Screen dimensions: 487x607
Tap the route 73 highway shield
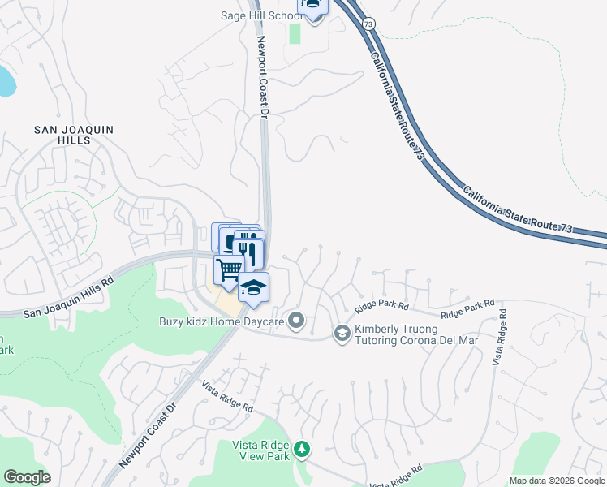click(368, 25)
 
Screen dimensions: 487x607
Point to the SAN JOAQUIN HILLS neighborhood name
click(74, 136)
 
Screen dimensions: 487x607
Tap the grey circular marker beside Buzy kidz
click(297, 321)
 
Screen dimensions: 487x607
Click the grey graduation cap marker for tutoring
click(342, 333)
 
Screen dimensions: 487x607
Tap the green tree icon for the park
click(302, 448)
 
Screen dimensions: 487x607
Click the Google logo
click(27, 477)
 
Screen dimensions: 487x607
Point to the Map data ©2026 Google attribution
click(557, 481)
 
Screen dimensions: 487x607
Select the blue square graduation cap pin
click(253, 287)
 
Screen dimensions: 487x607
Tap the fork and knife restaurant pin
click(248, 252)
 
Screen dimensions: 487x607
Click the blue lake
click(5, 81)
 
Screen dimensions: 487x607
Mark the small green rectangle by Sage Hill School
click(294, 34)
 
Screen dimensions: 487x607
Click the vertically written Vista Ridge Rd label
click(500, 336)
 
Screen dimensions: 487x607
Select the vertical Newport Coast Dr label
click(261, 78)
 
